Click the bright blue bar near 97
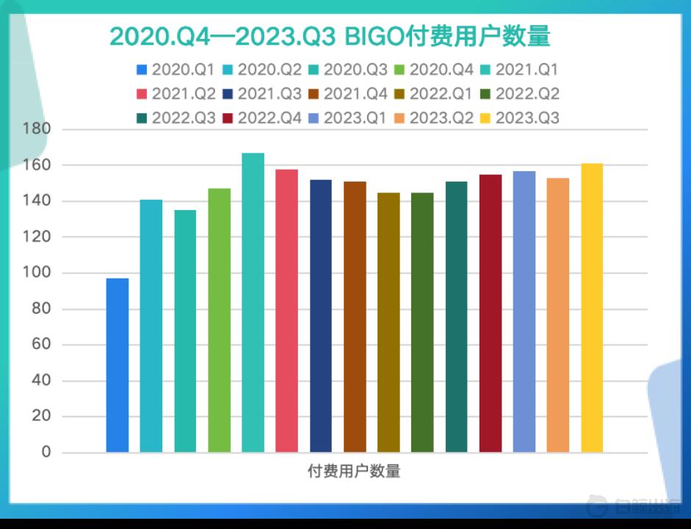(x=117, y=365)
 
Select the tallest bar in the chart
(x=253, y=303)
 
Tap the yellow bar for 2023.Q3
(x=592, y=308)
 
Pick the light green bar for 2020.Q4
(x=219, y=320)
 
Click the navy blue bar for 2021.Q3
(x=321, y=316)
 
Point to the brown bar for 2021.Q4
(x=355, y=317)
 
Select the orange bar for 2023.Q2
(x=558, y=315)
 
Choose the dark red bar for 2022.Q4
(x=491, y=314)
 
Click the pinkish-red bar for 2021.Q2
(x=287, y=311)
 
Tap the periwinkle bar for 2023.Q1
(x=524, y=312)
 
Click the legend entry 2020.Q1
(x=175, y=70)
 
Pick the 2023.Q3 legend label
(x=527, y=118)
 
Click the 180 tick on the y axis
(x=37, y=129)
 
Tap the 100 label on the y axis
(x=37, y=272)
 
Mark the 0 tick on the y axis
(x=46, y=452)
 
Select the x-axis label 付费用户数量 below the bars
(x=354, y=471)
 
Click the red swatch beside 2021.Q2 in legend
(x=142, y=94)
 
